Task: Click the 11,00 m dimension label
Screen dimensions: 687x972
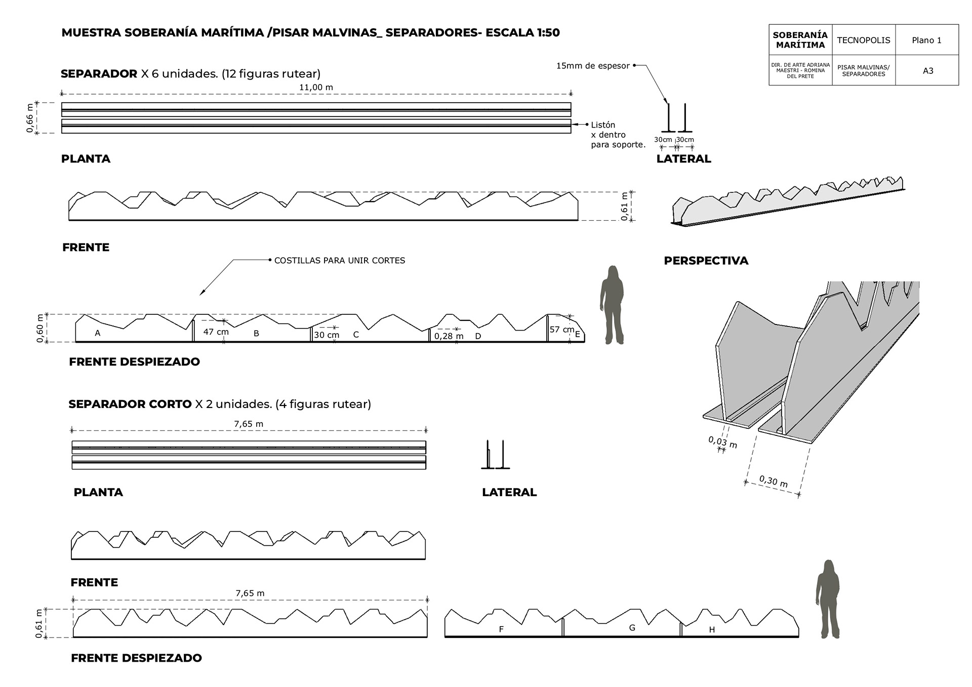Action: pyautogui.click(x=316, y=88)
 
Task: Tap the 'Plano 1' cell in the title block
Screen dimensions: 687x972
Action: pyautogui.click(x=926, y=41)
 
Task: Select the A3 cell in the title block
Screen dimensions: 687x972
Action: pyautogui.click(x=927, y=71)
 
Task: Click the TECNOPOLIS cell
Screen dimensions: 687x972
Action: pyautogui.click(x=863, y=41)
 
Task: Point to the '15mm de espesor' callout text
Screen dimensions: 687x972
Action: pyautogui.click(x=593, y=66)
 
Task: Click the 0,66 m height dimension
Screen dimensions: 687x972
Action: pyautogui.click(x=30, y=118)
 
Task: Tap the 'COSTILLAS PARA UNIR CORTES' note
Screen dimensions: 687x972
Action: pyautogui.click(x=339, y=261)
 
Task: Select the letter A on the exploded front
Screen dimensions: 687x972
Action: pyautogui.click(x=98, y=333)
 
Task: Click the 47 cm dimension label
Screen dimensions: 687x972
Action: pyautogui.click(x=216, y=332)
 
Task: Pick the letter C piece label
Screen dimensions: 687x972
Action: pyautogui.click(x=356, y=335)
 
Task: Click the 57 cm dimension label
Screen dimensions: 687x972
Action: pyautogui.click(x=561, y=330)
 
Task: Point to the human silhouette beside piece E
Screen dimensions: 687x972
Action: pyautogui.click(x=612, y=305)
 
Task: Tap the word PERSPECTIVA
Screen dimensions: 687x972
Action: pyautogui.click(x=706, y=261)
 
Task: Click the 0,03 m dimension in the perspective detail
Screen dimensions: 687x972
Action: pyautogui.click(x=722, y=442)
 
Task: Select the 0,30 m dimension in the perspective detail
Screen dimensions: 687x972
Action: pyautogui.click(x=773, y=481)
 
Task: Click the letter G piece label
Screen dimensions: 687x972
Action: pyautogui.click(x=632, y=628)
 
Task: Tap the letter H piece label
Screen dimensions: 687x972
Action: pyautogui.click(x=712, y=630)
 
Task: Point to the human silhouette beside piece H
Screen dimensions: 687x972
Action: pyautogui.click(x=827, y=599)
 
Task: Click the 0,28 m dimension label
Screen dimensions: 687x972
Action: pyautogui.click(x=449, y=336)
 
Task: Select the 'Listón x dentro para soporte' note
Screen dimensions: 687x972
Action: pyautogui.click(x=618, y=135)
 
